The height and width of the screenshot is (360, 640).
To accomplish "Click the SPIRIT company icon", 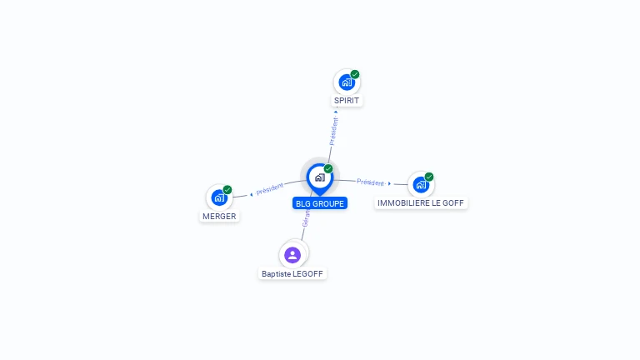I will pos(347,82).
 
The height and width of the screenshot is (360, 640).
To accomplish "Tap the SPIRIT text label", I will pos(347,101).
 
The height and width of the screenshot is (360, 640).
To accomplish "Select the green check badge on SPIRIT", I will pos(355,74).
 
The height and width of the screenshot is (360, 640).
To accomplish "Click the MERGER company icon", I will pos(219,197).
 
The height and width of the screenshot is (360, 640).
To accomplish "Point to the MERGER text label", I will pos(219,217).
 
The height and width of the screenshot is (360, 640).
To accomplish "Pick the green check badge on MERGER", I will pos(227,190).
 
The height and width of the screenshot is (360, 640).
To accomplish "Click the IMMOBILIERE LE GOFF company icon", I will pos(421,184).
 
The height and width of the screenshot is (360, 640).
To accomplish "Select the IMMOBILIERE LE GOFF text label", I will pos(421,203).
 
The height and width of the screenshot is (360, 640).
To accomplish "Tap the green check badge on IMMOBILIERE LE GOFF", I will pos(429,177).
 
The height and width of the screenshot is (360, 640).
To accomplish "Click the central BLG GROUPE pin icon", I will pos(319,177).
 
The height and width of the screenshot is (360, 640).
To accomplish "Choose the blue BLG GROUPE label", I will pos(320,203).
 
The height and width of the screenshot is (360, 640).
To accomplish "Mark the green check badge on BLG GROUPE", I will pos(328,169).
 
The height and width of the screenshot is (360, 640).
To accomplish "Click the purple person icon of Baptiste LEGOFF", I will pos(292,255).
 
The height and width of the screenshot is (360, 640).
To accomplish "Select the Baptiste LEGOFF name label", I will pos(292,273).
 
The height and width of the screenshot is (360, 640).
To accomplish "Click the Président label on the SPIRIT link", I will pos(333,132).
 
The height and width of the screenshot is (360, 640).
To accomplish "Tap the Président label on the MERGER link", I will pos(270,189).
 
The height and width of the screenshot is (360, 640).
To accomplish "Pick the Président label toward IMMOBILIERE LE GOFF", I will pos(370,182).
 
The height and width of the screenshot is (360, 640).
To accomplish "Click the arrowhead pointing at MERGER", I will pos(251,194).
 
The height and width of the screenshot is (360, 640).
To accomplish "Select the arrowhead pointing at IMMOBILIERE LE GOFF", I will pos(389,183).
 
